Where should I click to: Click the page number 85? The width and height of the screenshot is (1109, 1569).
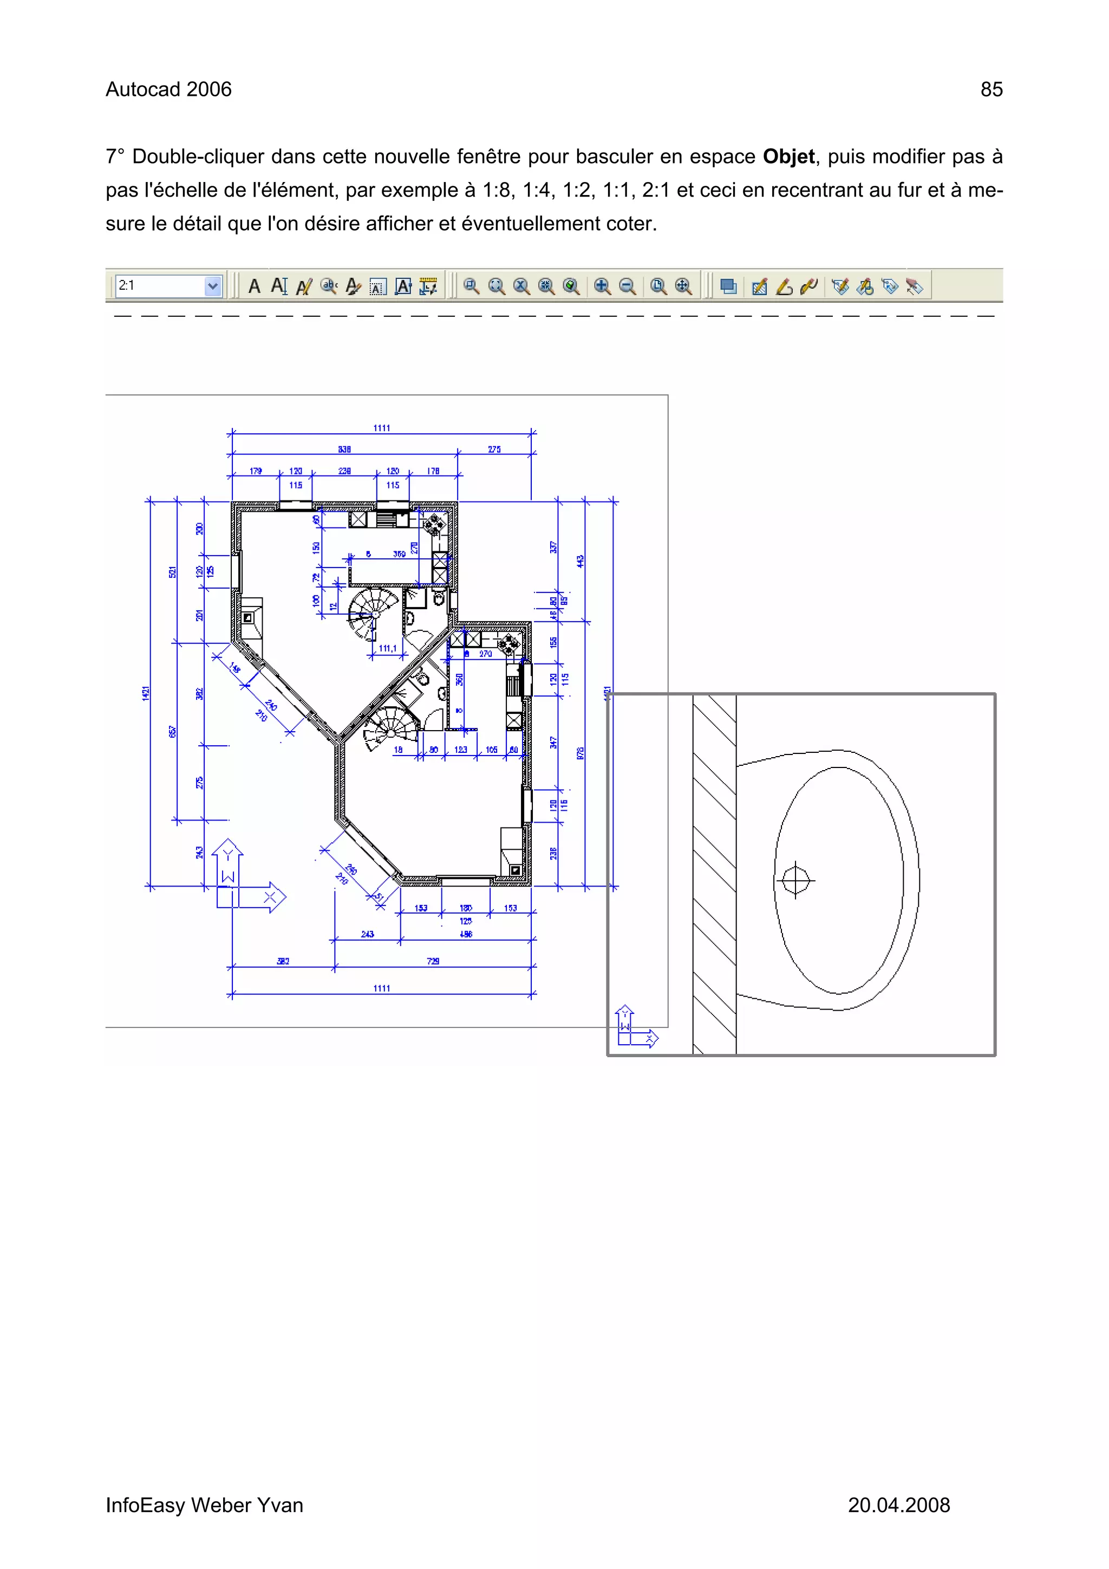pos(991,89)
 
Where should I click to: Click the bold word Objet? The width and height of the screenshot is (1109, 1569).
pos(788,157)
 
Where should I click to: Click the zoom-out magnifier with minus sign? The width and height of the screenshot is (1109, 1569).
pos(627,287)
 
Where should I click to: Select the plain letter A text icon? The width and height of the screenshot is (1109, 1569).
pos(254,287)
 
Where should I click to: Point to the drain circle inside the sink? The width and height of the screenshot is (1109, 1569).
pos(795,880)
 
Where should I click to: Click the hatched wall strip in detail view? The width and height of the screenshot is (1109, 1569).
pos(714,875)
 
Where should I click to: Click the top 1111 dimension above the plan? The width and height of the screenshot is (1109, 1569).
pos(381,428)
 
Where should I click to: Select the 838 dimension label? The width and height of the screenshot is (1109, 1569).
pos(344,449)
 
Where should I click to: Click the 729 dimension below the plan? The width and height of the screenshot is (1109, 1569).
pos(433,961)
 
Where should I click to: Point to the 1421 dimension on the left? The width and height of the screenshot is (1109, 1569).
pos(146,692)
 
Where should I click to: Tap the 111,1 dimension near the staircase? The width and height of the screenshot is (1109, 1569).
pos(387,648)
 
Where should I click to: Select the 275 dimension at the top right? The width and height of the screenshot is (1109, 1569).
pos(494,449)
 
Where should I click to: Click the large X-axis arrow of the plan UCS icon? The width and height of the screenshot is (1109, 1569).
pos(270,896)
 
